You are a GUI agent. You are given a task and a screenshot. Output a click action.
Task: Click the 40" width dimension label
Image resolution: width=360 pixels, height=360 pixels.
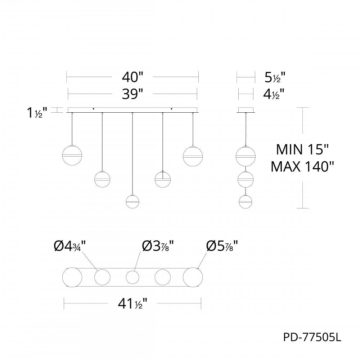pyautogui.click(x=132, y=77)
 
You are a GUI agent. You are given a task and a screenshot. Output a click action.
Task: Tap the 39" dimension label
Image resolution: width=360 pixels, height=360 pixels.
pyautogui.click(x=132, y=94)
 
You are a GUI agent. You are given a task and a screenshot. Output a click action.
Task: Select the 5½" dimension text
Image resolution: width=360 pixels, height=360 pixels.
pyautogui.click(x=275, y=77)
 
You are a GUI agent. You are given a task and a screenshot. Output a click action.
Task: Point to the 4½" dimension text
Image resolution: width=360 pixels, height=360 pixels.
pyautogui.click(x=274, y=94)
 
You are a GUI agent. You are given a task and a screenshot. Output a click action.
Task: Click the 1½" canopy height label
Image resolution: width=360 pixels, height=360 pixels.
pyautogui.click(x=37, y=113)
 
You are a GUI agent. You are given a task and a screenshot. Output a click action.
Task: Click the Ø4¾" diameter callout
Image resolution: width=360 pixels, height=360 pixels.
pyautogui.click(x=69, y=246)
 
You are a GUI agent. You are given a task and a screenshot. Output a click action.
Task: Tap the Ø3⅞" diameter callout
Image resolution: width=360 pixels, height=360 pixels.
pyautogui.click(x=158, y=246)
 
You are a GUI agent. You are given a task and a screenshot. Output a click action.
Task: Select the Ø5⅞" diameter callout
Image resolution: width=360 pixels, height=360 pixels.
pyautogui.click(x=222, y=246)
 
